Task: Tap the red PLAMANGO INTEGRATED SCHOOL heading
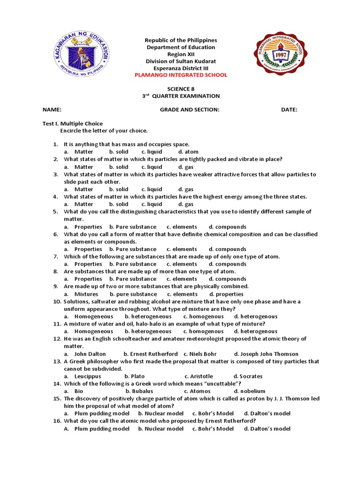181,75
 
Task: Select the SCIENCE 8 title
181,89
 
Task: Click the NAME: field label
52,109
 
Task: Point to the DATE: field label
289,109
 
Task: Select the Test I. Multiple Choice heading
73,124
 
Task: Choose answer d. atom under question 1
188,152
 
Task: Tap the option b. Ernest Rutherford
151,354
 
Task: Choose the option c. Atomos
197,391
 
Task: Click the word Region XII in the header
181,54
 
